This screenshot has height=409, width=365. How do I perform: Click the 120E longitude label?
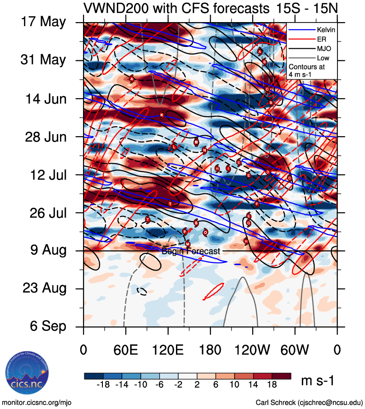point(168,350)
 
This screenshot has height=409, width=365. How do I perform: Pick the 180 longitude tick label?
point(210,350)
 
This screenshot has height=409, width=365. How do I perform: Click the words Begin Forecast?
point(190,251)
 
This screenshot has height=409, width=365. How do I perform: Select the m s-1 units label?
point(317,381)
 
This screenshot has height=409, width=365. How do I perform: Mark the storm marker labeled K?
point(162,115)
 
